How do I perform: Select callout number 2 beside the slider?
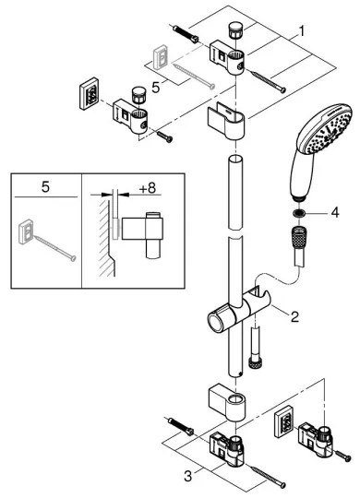[x=294, y=318]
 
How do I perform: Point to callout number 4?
[x=334, y=211]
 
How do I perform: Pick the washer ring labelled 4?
[x=299, y=211]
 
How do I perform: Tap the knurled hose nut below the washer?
[x=298, y=239]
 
